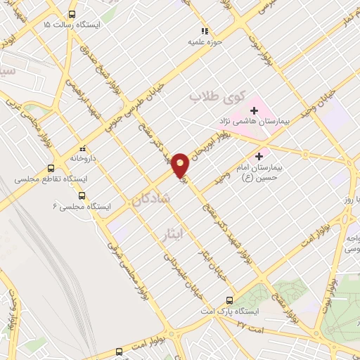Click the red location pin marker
[181, 164]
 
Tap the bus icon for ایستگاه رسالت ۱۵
[72, 14]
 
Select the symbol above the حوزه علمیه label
[205, 31]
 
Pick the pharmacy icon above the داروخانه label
[82, 148]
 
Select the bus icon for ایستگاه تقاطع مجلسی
[50, 169]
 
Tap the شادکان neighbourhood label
[150, 199]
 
